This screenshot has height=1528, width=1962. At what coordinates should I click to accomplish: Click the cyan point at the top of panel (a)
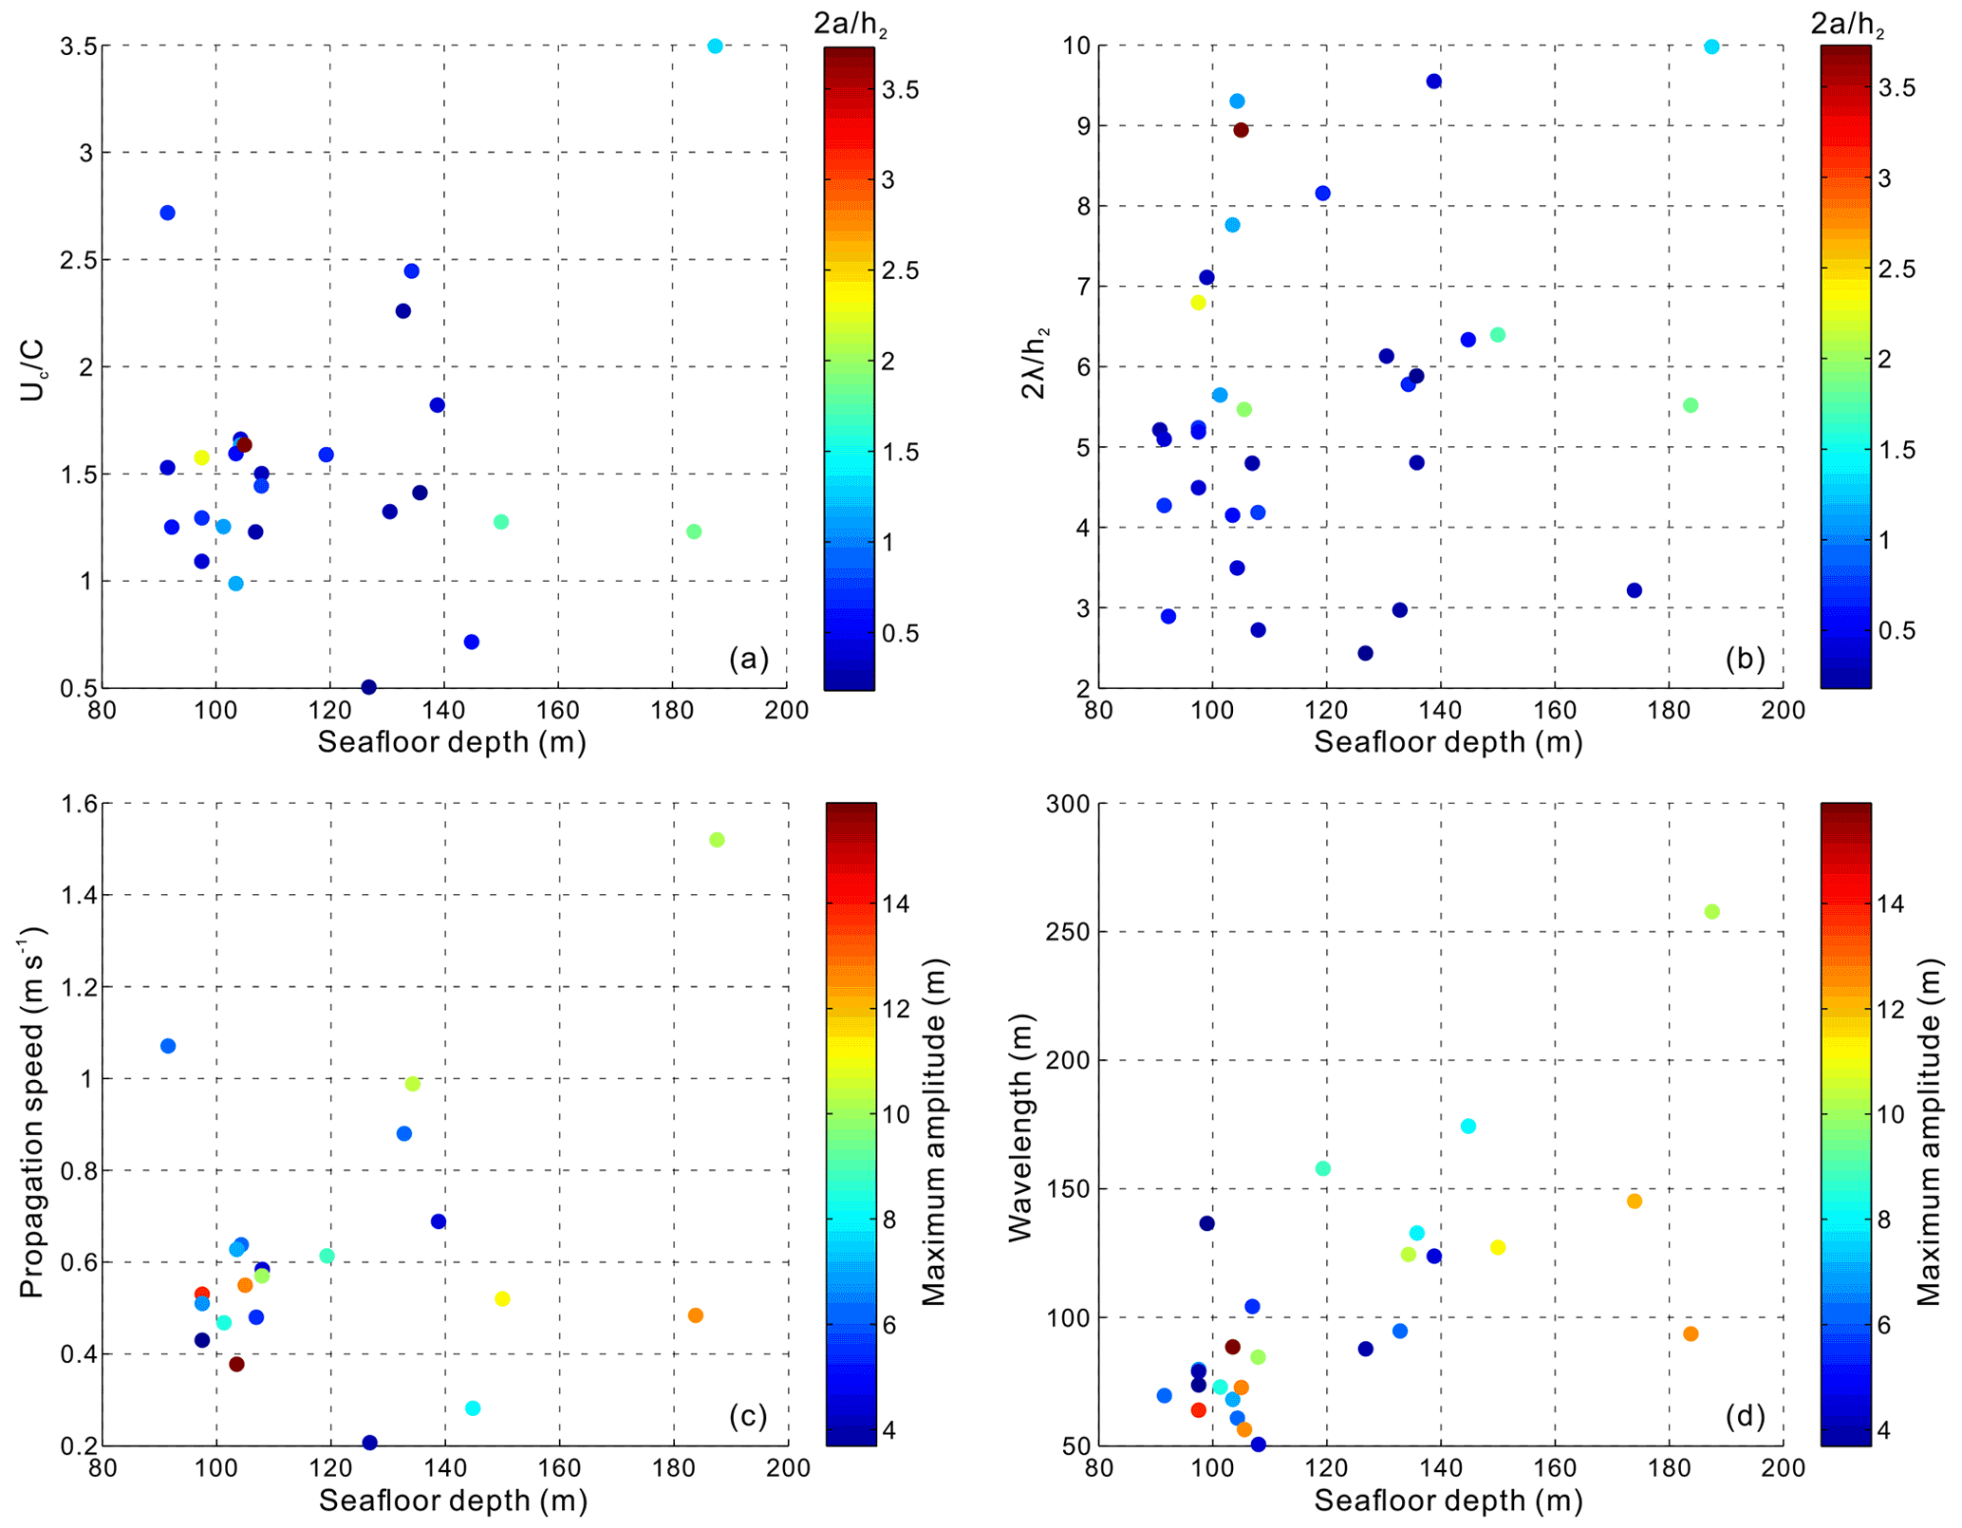715,46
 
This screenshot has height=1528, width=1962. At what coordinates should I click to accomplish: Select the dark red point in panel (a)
244,445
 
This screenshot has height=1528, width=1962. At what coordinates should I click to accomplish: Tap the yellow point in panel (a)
201,457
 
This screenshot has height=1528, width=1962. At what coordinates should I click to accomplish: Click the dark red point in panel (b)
1241,130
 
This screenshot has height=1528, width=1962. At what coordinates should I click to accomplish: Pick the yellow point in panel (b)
1198,303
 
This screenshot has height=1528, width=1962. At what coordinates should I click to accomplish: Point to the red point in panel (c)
201,1295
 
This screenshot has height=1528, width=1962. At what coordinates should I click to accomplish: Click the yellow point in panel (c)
502,1299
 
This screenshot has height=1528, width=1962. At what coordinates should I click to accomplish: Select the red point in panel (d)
1198,1410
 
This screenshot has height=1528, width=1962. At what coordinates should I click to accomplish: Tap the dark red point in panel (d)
1232,1347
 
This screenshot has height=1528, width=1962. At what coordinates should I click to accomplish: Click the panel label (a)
748,658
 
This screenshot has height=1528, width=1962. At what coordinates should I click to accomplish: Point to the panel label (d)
1745,1417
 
